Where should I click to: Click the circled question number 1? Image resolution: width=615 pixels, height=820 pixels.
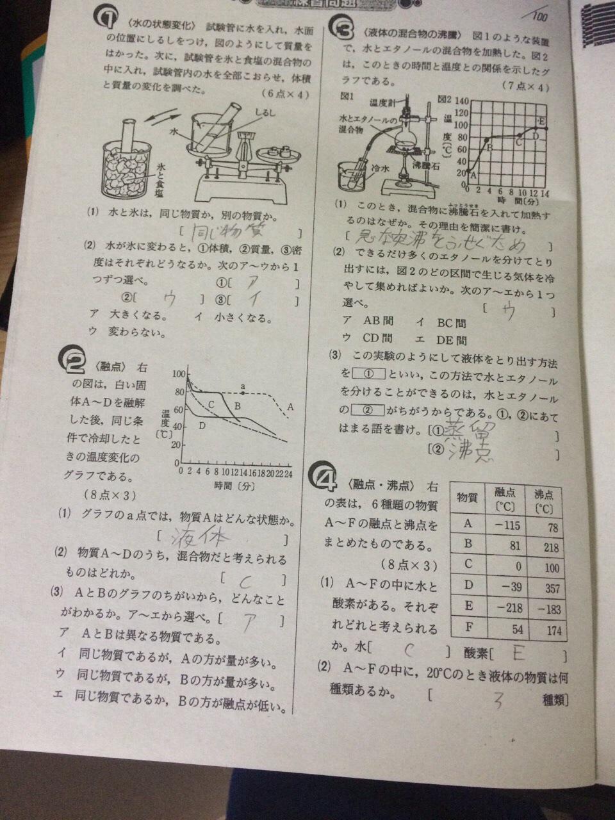(x=104, y=20)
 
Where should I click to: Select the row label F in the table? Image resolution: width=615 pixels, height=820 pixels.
(x=468, y=630)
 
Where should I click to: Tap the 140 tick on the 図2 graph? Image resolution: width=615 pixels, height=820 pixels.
(x=461, y=101)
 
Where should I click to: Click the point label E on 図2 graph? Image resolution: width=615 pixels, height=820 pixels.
(x=542, y=120)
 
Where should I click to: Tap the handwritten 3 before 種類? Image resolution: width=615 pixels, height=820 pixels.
(x=496, y=700)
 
